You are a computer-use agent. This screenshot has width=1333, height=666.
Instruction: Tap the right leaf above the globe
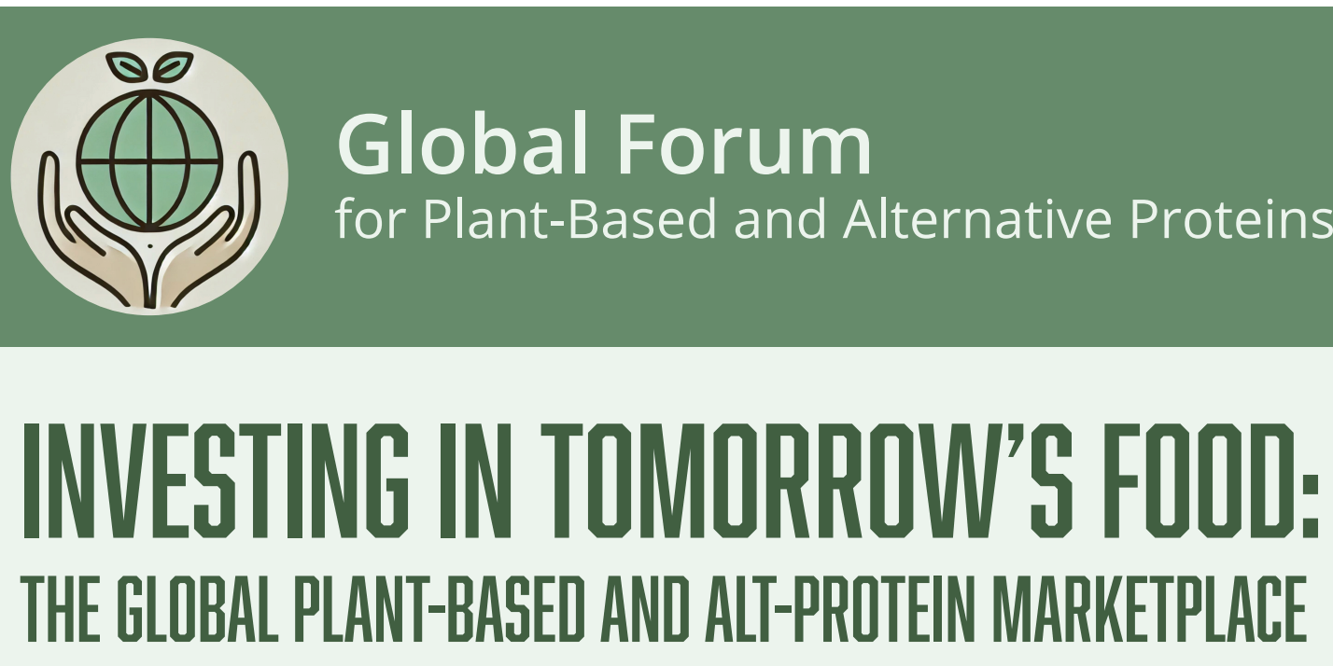click(x=174, y=67)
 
